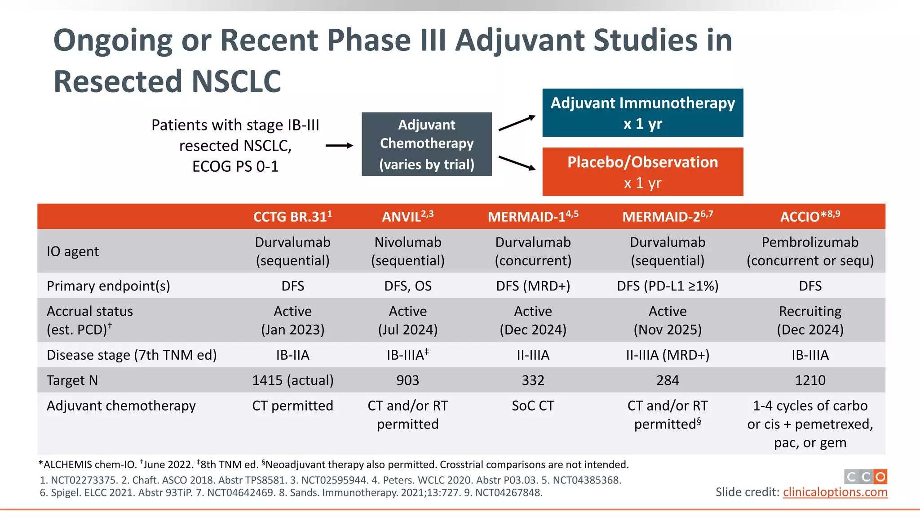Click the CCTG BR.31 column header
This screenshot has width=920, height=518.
[292, 217]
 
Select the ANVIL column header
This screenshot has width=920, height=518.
[407, 217]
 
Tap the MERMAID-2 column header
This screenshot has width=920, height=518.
[668, 217]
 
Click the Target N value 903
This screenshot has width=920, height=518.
[407, 380]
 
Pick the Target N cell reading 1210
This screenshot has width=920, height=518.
[810, 380]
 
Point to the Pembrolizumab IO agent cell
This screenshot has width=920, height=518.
[810, 251]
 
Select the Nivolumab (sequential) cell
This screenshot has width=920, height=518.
[407, 251]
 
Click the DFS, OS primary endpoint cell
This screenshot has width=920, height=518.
[407, 286]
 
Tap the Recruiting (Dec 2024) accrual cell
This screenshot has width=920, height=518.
[810, 321]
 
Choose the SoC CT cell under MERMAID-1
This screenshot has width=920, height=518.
[533, 406]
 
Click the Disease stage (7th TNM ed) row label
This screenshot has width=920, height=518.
[132, 355]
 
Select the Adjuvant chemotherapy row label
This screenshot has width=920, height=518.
[121, 406]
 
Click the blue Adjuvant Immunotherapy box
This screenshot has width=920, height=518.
[642, 113]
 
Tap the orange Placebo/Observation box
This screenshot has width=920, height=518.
[642, 172]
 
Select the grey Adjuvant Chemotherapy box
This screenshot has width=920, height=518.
[426, 144]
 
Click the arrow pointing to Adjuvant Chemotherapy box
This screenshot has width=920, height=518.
[339, 146]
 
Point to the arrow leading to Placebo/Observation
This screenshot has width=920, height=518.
[517, 163]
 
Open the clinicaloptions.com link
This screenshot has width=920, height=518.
[835, 492]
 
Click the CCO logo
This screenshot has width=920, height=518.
[866, 477]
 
